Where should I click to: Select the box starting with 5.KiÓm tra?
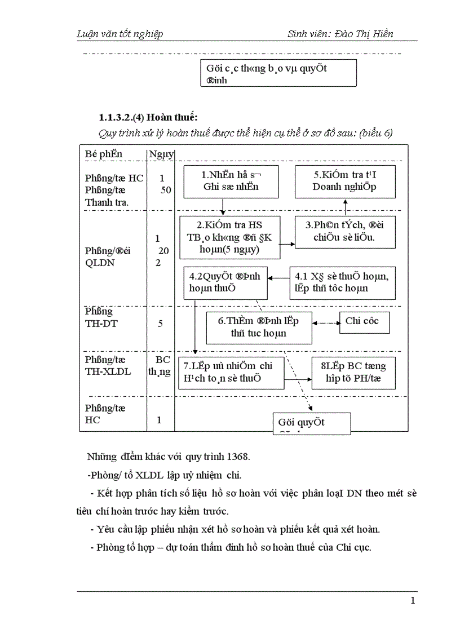tap(345, 181)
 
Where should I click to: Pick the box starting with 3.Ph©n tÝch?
tap(344, 232)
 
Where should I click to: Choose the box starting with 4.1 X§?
tap(342, 282)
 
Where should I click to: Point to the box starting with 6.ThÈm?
tap(259, 327)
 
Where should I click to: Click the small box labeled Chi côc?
tap(361, 322)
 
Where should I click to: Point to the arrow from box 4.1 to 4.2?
tap(278, 277)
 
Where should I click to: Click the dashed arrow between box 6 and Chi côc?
tap(325, 323)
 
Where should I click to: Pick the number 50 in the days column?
tap(166, 190)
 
